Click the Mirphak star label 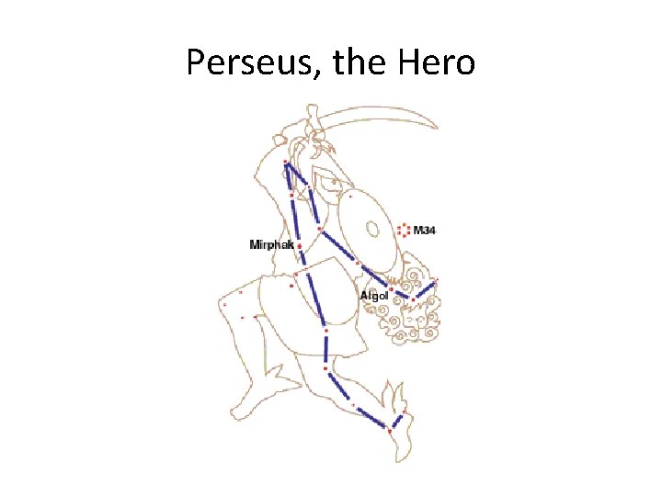271,244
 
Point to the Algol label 374,296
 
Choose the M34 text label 425,230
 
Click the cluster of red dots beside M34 403,230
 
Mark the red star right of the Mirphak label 300,245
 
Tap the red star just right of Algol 392,289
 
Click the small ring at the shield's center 372,227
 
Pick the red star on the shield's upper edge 350,195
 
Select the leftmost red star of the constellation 224,304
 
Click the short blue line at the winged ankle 396,422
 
